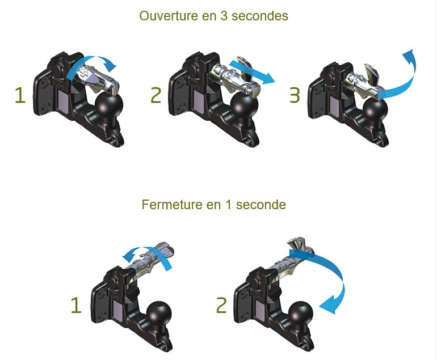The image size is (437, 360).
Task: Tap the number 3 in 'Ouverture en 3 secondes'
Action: [224, 16]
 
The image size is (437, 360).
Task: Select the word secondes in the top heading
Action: [260, 16]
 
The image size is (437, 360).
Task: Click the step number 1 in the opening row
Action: [20, 95]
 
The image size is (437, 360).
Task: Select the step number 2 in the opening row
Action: [156, 95]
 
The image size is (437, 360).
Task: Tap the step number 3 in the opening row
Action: [295, 95]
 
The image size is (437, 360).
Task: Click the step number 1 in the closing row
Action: [76, 305]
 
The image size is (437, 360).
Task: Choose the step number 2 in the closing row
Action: [221, 305]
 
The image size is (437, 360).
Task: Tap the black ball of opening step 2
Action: [245, 107]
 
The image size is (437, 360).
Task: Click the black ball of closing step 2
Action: [300, 314]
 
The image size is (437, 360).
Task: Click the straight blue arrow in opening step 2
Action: [251, 72]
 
